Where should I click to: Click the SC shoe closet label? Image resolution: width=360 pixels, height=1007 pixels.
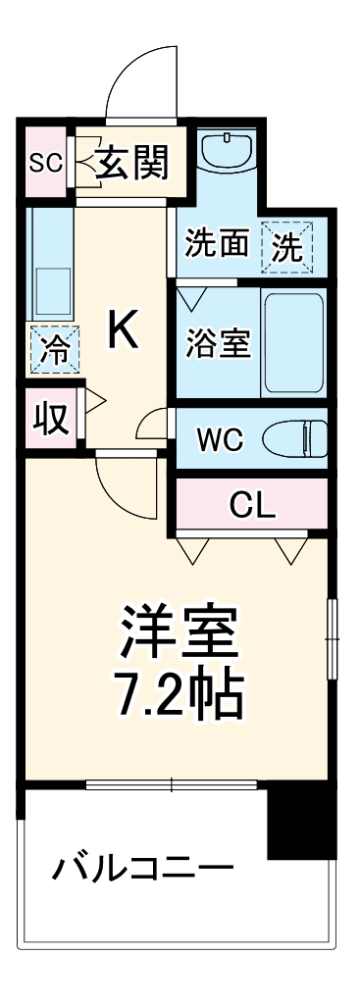[x=44, y=161]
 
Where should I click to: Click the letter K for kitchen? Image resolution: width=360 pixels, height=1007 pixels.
[x=124, y=330]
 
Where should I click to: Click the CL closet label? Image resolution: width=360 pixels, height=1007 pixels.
[x=252, y=505]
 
